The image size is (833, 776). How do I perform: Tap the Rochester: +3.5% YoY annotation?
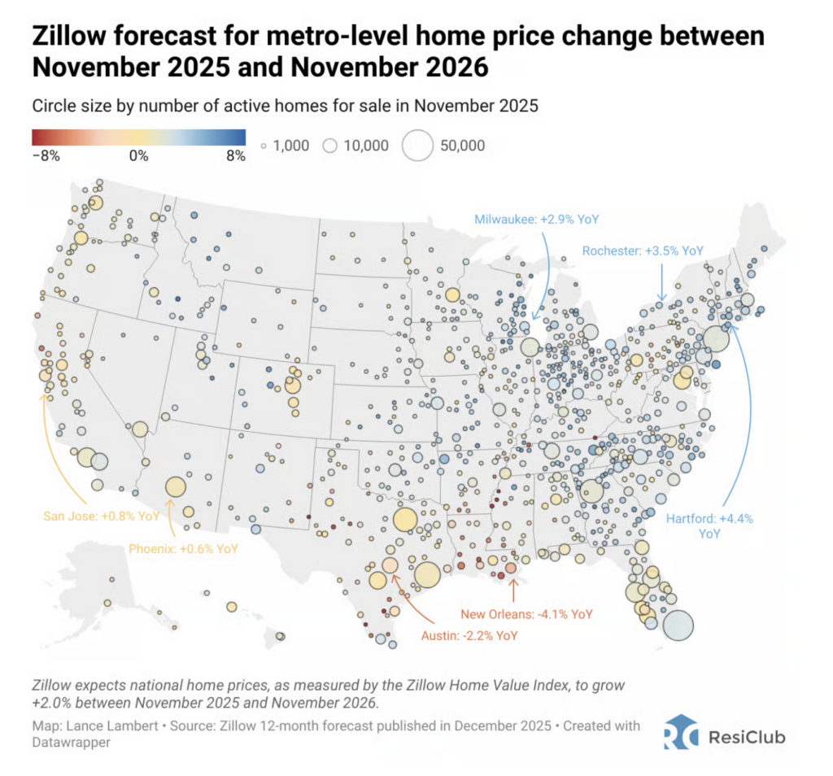coord(643,251)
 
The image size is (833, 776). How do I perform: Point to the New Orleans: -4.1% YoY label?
coord(527,614)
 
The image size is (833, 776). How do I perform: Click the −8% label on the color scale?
coord(46,156)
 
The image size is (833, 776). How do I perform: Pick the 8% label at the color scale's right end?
coord(235,156)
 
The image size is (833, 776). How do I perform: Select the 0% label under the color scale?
coord(138,156)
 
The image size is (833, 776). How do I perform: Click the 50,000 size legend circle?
coord(419,146)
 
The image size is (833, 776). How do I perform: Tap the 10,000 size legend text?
coord(364,146)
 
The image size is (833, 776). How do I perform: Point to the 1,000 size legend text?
coord(290,146)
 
